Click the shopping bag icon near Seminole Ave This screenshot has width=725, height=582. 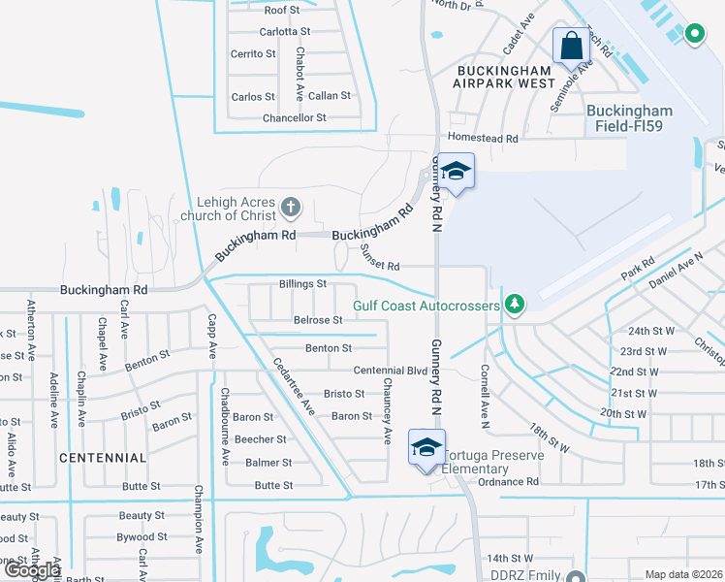point(571,45)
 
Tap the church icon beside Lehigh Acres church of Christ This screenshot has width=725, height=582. point(290,207)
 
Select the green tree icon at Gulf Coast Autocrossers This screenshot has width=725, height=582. point(515,305)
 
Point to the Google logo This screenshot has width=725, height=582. point(31,570)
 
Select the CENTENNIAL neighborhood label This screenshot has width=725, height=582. point(102,457)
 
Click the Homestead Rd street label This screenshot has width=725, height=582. point(483,139)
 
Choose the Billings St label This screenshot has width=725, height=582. point(302,284)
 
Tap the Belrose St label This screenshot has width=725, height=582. point(318,320)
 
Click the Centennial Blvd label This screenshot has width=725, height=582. point(391,371)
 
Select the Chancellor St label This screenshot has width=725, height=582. point(295,118)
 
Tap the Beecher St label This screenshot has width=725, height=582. point(261,439)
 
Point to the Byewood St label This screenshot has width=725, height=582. point(142,536)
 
